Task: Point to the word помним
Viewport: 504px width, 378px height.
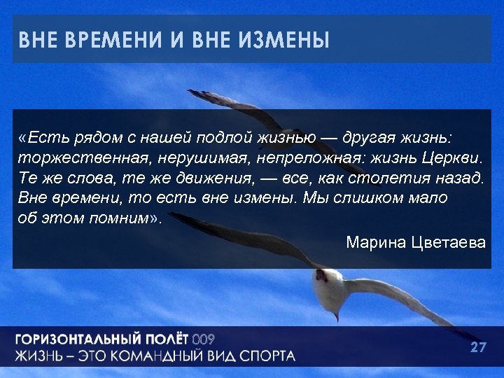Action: (118, 217)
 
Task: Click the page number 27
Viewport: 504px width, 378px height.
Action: (478, 347)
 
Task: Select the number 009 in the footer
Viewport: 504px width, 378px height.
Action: (203, 340)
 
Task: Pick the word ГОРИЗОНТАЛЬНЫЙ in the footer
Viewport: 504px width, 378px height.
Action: (76, 340)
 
